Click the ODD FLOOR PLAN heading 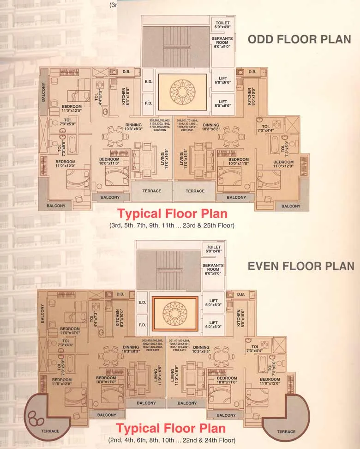click(x=299, y=40)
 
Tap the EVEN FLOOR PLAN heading click(x=301, y=266)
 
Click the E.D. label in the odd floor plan click(x=149, y=82)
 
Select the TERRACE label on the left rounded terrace click(x=50, y=431)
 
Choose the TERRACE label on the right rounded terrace click(x=286, y=431)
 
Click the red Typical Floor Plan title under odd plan click(x=172, y=214)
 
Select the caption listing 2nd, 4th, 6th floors click(x=172, y=440)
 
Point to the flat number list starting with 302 click(x=160, y=126)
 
